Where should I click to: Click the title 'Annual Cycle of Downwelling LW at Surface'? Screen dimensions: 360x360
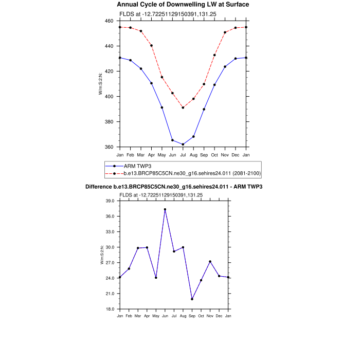183,5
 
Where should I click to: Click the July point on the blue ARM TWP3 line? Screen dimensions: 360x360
183,144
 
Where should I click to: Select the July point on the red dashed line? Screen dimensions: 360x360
183,107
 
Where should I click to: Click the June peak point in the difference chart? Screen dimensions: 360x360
165,209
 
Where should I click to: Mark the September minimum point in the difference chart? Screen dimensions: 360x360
192,299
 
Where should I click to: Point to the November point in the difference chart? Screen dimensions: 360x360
210,262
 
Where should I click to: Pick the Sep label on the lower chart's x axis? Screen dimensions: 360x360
192,315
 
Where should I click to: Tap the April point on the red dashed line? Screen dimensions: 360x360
151,46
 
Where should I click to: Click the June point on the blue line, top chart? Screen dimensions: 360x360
172,140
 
